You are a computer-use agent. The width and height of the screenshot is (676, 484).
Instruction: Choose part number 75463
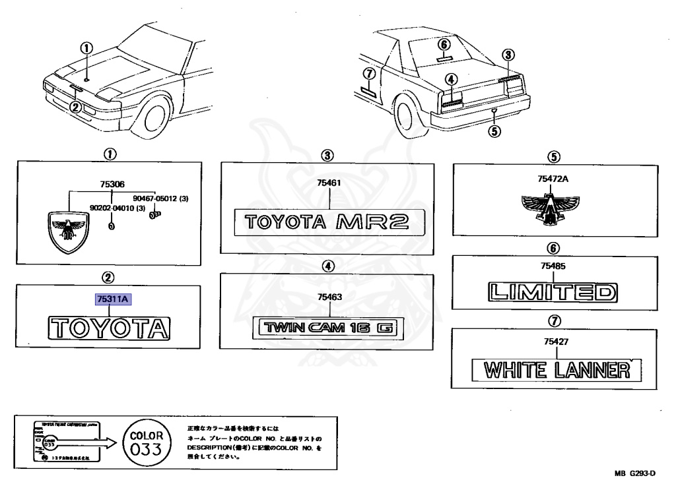point(328,297)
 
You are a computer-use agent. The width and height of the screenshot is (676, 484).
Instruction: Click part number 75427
point(553,342)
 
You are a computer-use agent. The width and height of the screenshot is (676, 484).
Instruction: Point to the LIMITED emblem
point(553,291)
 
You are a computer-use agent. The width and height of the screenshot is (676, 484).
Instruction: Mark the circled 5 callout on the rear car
point(494,130)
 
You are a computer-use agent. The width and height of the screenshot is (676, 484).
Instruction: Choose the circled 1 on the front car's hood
point(87,47)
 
